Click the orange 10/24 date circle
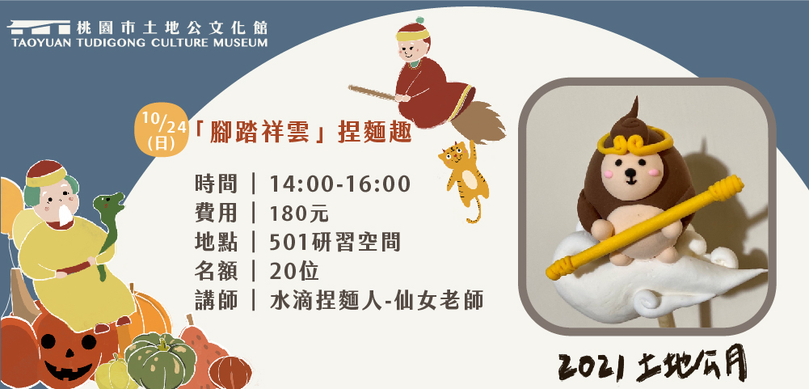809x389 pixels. [x=161, y=129]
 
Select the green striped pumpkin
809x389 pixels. [x=161, y=360]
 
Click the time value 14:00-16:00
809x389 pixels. [x=340, y=184]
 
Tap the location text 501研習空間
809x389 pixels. [x=335, y=243]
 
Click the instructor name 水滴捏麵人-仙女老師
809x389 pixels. [x=377, y=301]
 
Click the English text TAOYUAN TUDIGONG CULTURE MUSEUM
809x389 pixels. [x=139, y=42]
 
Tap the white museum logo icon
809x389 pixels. [x=40, y=27]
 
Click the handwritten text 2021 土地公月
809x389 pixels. [x=652, y=366]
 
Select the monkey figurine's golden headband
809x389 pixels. [x=634, y=140]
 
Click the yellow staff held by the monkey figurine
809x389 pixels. [x=644, y=226]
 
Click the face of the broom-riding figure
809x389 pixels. [x=411, y=50]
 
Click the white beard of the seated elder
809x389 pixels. [x=65, y=215]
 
